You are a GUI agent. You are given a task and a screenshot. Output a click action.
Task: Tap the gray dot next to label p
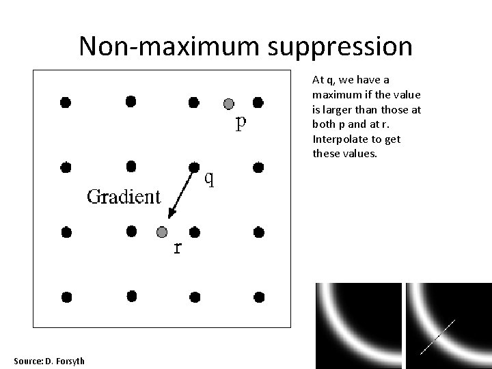pos(229,104)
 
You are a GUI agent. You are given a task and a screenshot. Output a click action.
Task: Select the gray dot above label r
pos(162,232)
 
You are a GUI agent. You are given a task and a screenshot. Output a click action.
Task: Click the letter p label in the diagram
pos(241,124)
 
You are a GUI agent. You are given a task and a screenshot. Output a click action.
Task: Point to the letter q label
pos(211,179)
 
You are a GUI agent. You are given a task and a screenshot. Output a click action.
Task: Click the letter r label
pos(178,247)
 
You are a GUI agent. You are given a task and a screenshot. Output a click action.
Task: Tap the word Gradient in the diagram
pos(123,197)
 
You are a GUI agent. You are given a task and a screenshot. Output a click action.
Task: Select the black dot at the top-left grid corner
pos(66,102)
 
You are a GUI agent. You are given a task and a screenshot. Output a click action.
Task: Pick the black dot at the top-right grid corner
pos(258,102)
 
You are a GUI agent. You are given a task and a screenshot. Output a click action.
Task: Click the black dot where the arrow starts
pos(194,166)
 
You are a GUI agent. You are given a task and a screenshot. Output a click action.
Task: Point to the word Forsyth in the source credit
pos(69,360)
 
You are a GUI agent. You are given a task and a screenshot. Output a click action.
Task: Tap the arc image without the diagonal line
pos(355,325)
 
